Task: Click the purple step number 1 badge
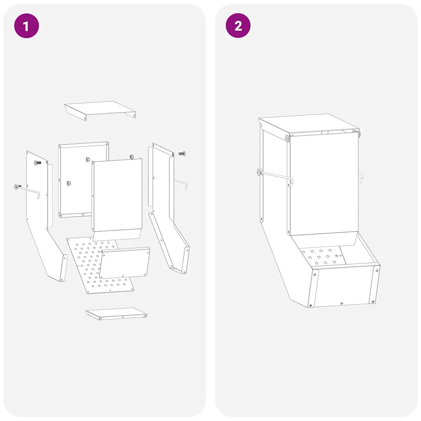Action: [26, 26]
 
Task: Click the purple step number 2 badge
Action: [238, 26]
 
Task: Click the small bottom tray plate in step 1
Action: [116, 313]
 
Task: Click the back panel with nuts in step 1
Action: [76, 181]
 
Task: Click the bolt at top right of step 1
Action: [182, 154]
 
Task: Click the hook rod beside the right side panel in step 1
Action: [181, 182]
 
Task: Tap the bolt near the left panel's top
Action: [37, 163]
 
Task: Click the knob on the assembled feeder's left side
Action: [259, 172]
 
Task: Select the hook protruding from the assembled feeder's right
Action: [361, 177]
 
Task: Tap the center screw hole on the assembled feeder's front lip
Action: [341, 303]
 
